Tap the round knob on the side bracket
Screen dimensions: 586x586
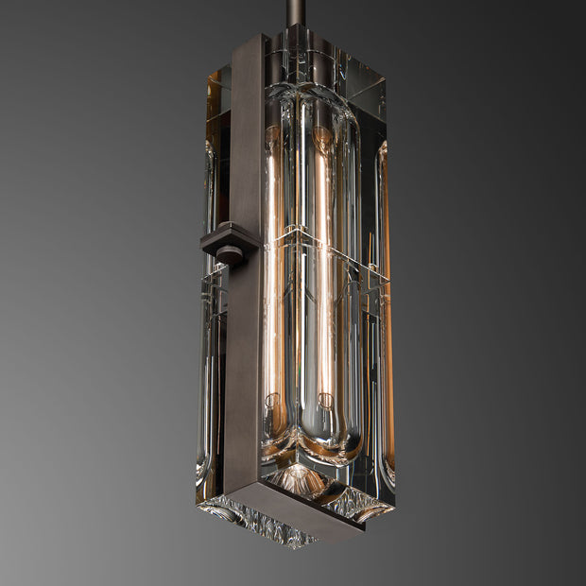(229, 253)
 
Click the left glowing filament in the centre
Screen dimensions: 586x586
(274, 265)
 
